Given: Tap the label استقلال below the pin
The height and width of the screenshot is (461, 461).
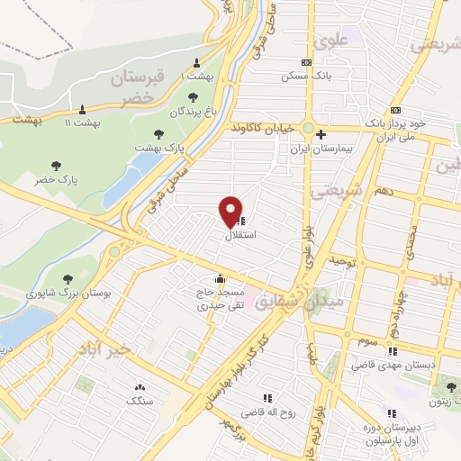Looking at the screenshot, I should click(x=239, y=235).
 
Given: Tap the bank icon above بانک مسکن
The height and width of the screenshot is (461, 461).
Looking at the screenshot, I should click(x=307, y=62).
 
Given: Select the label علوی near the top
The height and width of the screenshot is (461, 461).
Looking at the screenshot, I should click(x=327, y=40).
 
